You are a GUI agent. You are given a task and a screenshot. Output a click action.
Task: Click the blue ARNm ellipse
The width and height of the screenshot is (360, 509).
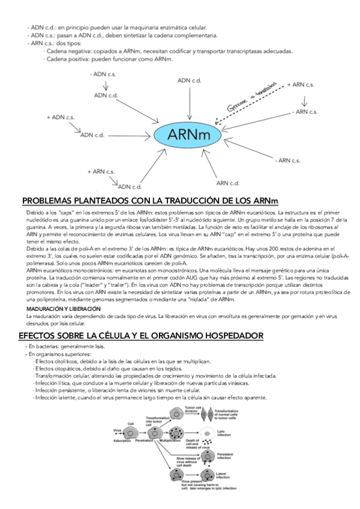(190, 134)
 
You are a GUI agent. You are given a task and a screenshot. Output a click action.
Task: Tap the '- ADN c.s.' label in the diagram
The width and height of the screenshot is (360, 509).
(103, 74)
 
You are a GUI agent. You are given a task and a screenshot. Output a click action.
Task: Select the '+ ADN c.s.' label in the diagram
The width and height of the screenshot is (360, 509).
(62, 116)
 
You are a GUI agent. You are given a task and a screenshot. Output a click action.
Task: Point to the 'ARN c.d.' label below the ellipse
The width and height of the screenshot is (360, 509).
(228, 183)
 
